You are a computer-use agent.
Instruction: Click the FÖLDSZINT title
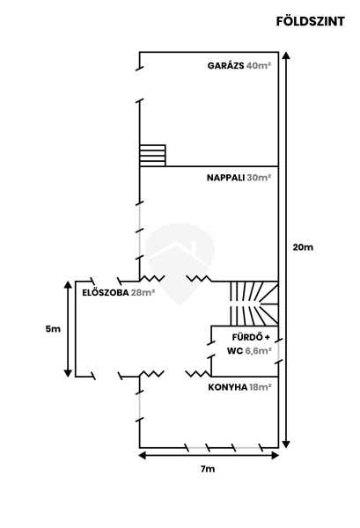(x=311, y=21)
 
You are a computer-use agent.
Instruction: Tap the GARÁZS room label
(x=225, y=66)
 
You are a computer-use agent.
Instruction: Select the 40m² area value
(x=259, y=66)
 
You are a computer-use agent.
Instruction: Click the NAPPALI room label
(x=225, y=178)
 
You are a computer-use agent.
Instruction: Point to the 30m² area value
(x=259, y=178)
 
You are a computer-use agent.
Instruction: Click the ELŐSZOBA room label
(x=106, y=292)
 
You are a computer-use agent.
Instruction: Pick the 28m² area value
(x=143, y=293)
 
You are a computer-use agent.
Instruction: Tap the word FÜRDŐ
(x=247, y=337)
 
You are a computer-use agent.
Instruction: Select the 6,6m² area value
(x=258, y=351)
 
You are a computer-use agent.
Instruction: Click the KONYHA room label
(x=228, y=387)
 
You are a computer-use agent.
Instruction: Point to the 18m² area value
(x=261, y=387)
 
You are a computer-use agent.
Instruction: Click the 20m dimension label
(x=303, y=247)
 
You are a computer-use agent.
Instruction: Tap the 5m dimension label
(x=53, y=329)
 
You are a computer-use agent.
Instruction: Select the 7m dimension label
(x=208, y=469)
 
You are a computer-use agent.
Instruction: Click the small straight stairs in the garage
(x=152, y=155)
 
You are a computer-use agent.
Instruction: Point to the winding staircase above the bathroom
(x=254, y=304)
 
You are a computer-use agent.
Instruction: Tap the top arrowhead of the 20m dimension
(x=286, y=55)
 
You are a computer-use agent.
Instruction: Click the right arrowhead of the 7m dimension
(x=276, y=456)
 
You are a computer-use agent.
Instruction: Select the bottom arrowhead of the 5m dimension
(x=68, y=373)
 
